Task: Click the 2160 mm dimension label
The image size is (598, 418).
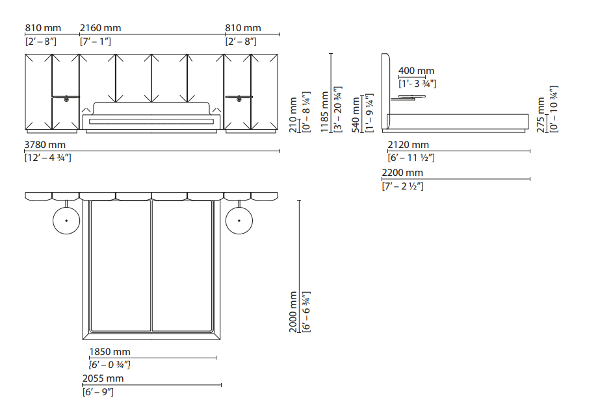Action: coord(100,28)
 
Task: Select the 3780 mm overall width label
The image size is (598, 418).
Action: coord(45,145)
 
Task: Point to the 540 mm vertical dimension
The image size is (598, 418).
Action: coord(356,114)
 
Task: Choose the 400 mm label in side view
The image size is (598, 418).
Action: coord(416,71)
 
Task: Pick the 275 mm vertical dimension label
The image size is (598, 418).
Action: coord(541,115)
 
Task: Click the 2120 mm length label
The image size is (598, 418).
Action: coord(408,145)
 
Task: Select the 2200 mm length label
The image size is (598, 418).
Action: coord(402,173)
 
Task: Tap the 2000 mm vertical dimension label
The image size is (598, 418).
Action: coord(294,312)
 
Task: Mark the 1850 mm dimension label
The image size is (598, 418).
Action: coord(109,352)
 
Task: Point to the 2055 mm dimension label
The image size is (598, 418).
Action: coord(103,378)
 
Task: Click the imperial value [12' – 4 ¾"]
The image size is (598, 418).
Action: coord(47,158)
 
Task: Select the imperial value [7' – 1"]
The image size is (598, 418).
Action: coord(95,42)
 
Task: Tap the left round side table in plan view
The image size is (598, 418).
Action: coord(66,221)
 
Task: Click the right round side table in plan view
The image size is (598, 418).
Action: coord(239,221)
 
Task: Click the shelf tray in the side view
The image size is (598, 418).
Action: coord(408,98)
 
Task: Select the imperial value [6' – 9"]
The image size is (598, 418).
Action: coord(97,392)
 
